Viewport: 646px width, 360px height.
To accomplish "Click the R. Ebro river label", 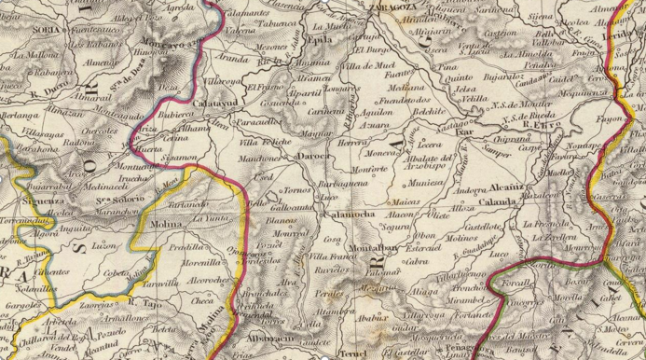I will pos(541,123).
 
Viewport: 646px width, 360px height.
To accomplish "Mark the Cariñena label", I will pos(326,108).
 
